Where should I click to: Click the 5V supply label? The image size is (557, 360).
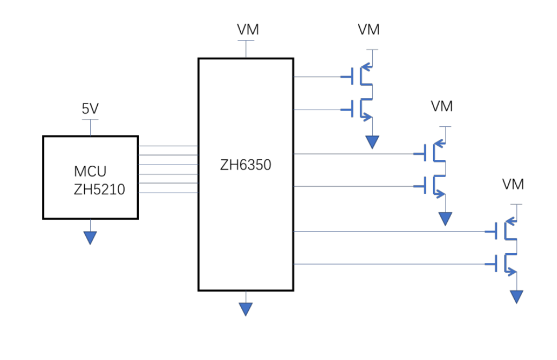pos(90,109)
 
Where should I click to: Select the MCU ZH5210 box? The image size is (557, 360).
pos(90,177)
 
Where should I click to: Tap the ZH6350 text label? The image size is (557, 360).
pos(245,166)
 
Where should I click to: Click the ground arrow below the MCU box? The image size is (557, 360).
pos(90,237)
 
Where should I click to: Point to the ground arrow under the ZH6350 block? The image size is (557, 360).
pos(246,309)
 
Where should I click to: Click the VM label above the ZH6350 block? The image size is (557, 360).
pos(248,30)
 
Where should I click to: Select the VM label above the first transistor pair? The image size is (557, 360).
pos(368,30)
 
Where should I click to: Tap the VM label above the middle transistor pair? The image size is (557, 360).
pos(441,106)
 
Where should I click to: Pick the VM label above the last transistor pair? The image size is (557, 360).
pos(513,185)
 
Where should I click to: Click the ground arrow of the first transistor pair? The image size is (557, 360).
pos(372,142)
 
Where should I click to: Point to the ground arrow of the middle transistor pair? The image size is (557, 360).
pos(445,218)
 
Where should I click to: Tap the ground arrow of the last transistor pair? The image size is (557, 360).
pos(517,296)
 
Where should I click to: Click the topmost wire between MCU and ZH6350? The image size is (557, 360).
pos(168,146)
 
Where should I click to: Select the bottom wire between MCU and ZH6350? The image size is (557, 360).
pos(168,193)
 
